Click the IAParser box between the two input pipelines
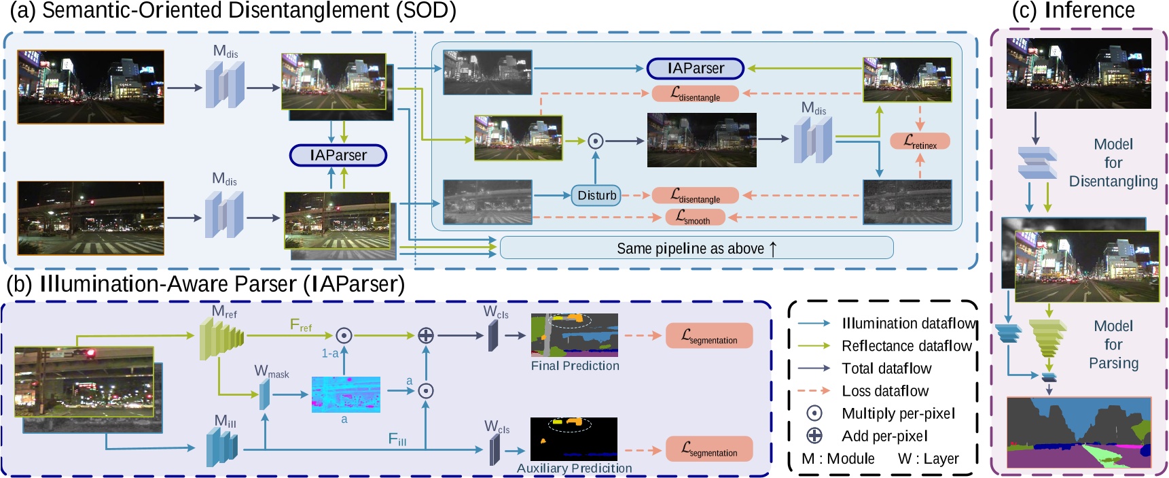tap(338, 155)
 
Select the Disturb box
tap(596, 195)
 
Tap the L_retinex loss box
tap(920, 141)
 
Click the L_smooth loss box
tap(694, 218)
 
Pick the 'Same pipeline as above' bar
tap(696, 248)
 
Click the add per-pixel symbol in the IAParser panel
tap(425, 335)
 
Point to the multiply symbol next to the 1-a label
tap(344, 335)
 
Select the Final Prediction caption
tap(575, 366)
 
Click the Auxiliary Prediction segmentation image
tap(574, 439)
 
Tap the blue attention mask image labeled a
tap(346, 394)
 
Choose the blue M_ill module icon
tap(222, 447)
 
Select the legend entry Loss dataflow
tap(884, 391)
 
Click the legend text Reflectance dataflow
tap(906, 346)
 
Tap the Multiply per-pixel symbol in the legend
tap(814, 413)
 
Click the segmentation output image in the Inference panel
tap(1079, 433)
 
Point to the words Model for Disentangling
tap(1113, 163)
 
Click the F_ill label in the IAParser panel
tap(397, 439)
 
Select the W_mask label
tap(271, 372)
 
